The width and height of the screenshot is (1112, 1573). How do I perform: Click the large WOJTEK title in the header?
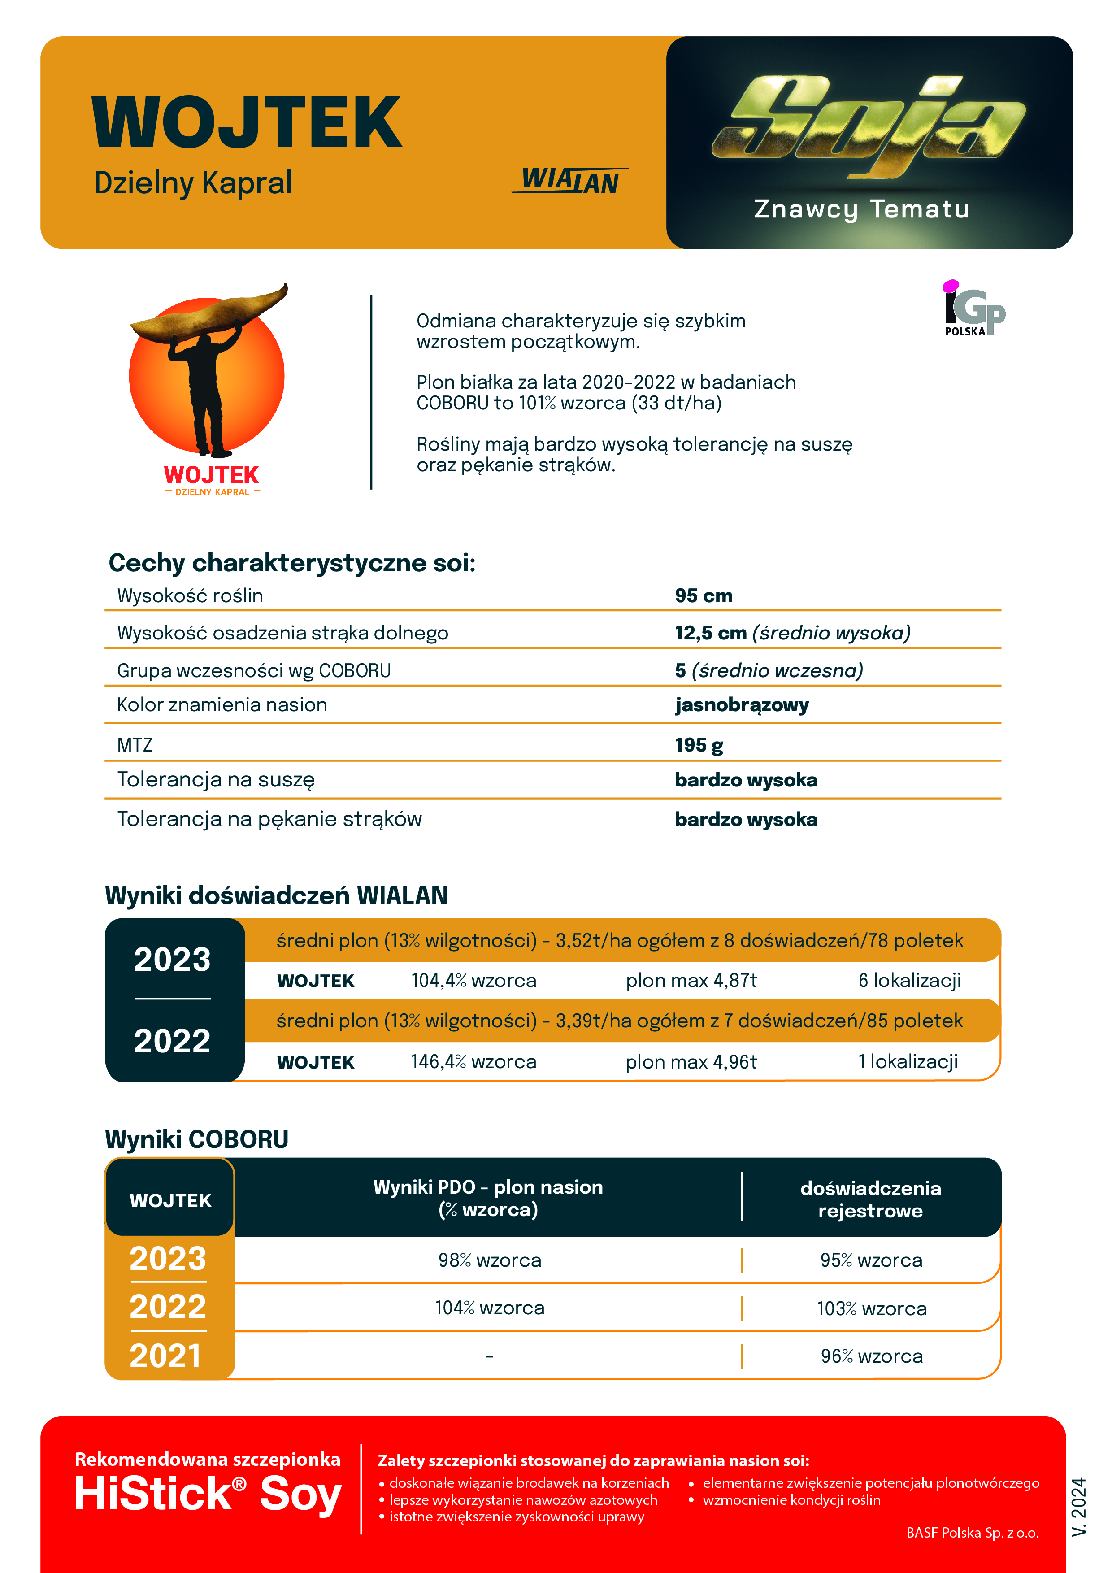tap(247, 123)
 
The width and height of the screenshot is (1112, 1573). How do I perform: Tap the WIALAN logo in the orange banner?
tap(569, 181)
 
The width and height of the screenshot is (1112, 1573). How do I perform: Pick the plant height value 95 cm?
tap(704, 596)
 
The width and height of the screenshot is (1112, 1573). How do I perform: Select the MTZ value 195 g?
tap(699, 745)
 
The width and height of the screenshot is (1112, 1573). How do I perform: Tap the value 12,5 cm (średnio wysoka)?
tap(792, 633)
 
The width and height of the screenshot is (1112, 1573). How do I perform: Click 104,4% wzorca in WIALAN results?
tap(473, 980)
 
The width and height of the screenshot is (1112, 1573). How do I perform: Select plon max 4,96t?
tap(691, 1062)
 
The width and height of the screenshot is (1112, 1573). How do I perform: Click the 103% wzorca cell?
tap(872, 1308)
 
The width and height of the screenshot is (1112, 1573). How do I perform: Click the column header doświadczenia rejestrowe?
tap(870, 1199)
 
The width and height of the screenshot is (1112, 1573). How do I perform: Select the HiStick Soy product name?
tap(208, 1494)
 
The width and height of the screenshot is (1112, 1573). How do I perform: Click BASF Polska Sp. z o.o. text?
tap(972, 1533)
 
